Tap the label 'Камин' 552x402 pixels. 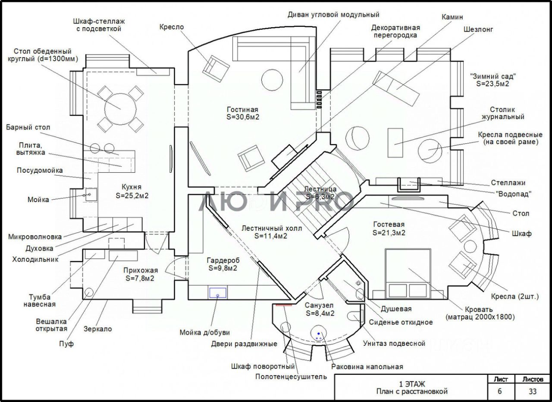click(x=452, y=17)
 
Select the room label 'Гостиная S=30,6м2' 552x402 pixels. click(x=243, y=113)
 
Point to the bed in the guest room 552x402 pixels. click(x=408, y=274)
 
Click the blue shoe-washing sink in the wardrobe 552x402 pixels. click(x=218, y=293)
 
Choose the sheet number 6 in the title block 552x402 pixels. click(x=499, y=391)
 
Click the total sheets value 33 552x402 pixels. click(x=533, y=391)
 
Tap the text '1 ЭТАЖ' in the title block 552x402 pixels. click(x=412, y=384)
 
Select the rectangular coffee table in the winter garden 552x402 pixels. click(x=395, y=142)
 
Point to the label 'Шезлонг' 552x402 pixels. click(x=478, y=29)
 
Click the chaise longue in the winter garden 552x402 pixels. click(x=396, y=89)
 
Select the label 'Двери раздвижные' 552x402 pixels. click(x=244, y=344)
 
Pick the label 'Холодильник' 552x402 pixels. click(x=35, y=260)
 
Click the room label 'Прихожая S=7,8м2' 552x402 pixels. click(x=140, y=274)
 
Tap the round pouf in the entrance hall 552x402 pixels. click(x=89, y=292)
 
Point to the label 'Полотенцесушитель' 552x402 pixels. click(x=291, y=377)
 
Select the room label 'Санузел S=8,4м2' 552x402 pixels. click(x=320, y=309)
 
